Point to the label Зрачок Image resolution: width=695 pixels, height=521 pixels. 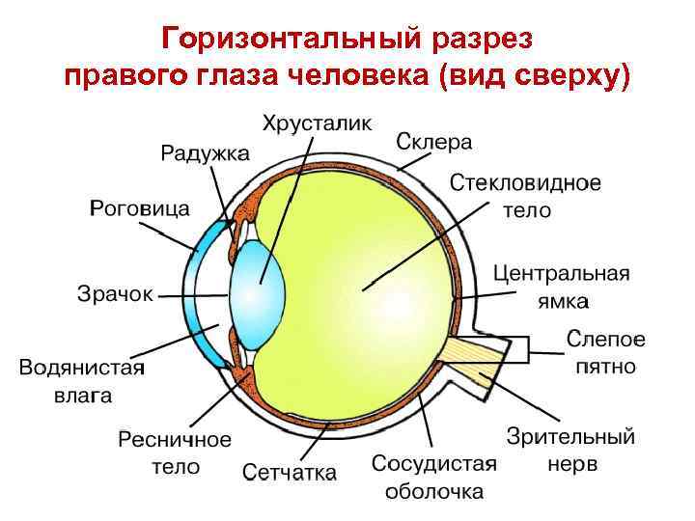(115, 293)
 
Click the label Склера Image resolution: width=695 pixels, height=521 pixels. (434, 142)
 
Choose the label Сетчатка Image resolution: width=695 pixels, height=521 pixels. (290, 472)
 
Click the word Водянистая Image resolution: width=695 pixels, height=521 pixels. (82, 369)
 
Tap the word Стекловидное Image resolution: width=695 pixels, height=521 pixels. (526, 183)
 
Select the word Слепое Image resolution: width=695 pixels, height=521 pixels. (605, 340)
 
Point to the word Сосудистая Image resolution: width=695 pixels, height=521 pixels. (434, 464)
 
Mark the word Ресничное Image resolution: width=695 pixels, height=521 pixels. (175, 440)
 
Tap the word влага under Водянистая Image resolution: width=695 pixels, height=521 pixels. (82, 395)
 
